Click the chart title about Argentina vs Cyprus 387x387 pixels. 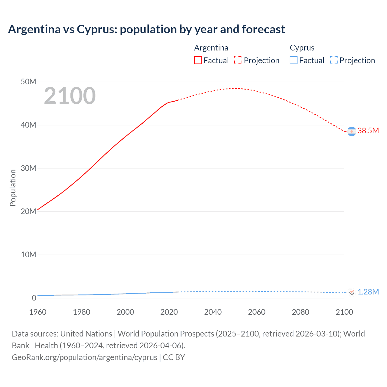click(146, 29)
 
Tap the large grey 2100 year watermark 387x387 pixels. click(70, 96)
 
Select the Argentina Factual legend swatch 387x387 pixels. click(198, 60)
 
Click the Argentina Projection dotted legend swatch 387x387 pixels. click(238, 60)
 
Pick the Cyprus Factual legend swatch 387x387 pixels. click(293, 60)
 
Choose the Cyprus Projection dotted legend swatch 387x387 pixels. click(334, 60)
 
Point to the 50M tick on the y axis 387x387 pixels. click(28, 82)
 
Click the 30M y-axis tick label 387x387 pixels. click(28, 168)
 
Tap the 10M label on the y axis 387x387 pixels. click(28, 255)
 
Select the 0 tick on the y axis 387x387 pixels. click(34, 298)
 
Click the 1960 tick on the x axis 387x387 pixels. click(38, 312)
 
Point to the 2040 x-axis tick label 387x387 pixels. click(213, 312)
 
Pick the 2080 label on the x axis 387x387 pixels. click(301, 312)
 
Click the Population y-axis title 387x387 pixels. click(13, 188)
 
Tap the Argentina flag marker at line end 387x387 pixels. click(352, 132)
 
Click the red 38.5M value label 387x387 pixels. click(368, 131)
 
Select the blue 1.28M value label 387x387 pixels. click(368, 292)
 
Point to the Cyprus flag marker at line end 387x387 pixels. click(352, 292)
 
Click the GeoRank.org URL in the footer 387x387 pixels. click(85, 357)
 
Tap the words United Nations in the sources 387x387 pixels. click(86, 334)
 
